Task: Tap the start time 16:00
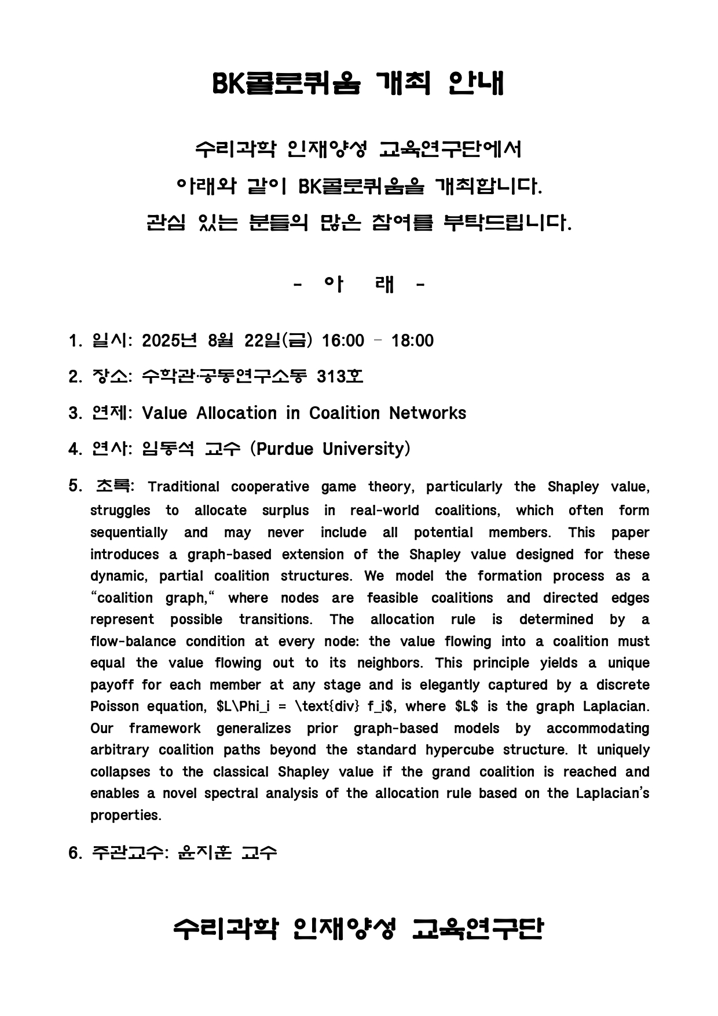(x=343, y=340)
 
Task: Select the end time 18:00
(x=412, y=340)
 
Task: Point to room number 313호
(x=340, y=377)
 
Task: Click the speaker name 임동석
(x=168, y=449)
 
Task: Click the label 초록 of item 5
(x=113, y=486)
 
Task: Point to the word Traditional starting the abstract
(x=184, y=487)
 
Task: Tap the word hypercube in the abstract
(x=460, y=750)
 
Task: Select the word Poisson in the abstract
(x=115, y=707)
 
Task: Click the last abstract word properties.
(x=126, y=815)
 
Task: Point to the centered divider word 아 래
(x=359, y=285)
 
